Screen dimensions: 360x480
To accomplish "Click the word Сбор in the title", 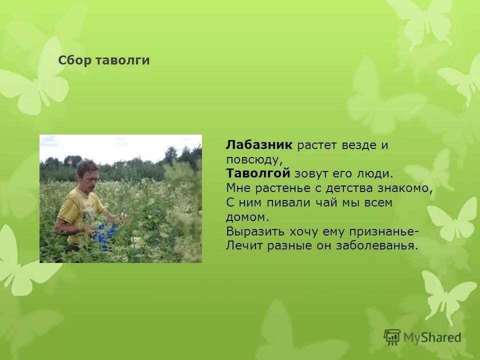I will [73, 60].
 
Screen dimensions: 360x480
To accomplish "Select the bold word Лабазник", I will [258, 145].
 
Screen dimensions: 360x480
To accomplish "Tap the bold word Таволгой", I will [258, 173].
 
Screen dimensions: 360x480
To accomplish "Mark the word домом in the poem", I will [246, 217].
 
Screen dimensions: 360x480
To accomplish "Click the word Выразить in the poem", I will [255, 231].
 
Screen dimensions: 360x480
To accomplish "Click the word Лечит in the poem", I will [242, 246].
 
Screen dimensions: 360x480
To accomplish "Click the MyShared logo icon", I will [392, 337].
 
